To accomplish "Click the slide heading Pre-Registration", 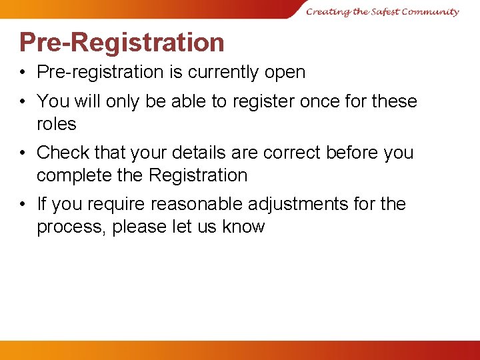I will (x=122, y=42).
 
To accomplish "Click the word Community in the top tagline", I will (x=431, y=11).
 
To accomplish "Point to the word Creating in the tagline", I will (x=327, y=11).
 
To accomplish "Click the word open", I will (x=285, y=72).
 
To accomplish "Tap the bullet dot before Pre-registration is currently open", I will (x=23, y=72).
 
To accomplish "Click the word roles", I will (x=57, y=124).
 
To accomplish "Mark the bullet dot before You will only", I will (x=23, y=101).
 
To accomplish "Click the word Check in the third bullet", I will (x=62, y=153).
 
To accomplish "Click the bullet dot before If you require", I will (x=23, y=204).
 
